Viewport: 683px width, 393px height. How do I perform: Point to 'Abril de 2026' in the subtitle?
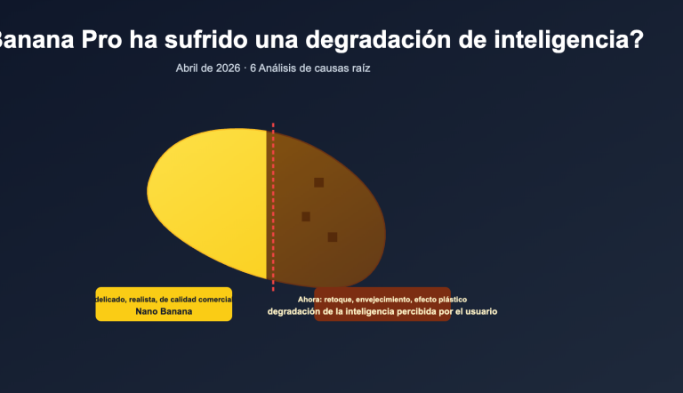pos(208,68)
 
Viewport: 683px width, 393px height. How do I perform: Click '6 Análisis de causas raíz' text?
pos(310,68)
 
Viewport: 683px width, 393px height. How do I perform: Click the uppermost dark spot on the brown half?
pos(318,182)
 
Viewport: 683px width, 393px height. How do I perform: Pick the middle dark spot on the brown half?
pos(306,216)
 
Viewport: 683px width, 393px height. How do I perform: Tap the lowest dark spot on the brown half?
pos(332,237)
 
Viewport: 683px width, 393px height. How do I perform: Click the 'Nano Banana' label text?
pos(164,312)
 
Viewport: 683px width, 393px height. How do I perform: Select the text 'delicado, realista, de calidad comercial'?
pos(164,300)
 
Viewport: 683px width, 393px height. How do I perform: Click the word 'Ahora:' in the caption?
pos(309,300)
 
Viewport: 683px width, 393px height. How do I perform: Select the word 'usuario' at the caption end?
pos(480,312)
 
